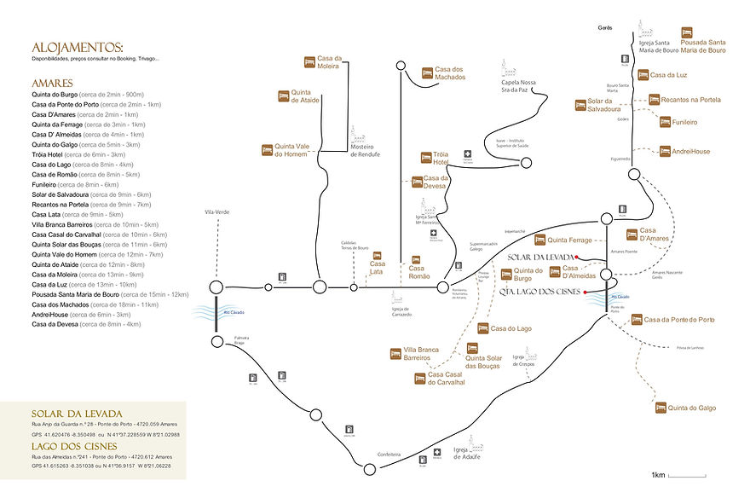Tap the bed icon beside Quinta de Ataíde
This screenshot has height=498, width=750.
(284, 96)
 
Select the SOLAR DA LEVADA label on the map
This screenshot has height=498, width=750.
(540, 257)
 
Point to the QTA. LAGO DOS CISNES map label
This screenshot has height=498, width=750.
(540, 291)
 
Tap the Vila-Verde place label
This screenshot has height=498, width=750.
(217, 211)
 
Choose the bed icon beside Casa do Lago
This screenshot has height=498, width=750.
(482, 328)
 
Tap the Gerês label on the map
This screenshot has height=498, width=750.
(606, 28)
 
